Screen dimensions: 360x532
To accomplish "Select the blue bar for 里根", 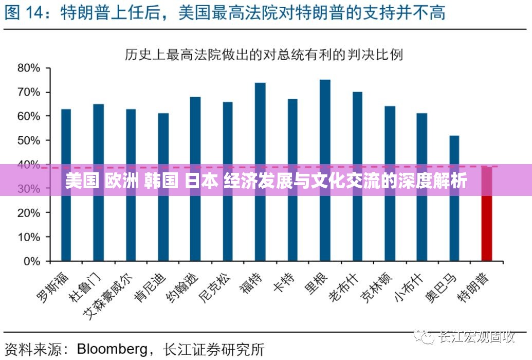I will [325, 170].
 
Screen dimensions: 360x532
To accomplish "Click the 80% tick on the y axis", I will [29, 68].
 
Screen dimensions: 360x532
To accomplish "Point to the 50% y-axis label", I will [29, 140].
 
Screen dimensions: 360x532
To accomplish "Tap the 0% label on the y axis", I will [31, 261].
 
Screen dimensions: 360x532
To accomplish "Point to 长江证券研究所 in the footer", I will [213, 349].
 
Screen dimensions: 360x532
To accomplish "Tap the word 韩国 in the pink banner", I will [162, 182].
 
